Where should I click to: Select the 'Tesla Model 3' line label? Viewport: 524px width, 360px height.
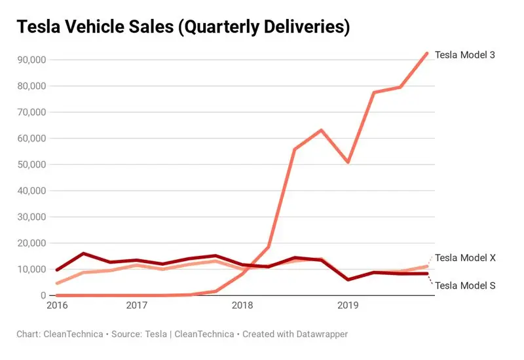pos(465,55)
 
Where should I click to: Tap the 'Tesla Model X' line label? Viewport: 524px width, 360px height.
pos(465,258)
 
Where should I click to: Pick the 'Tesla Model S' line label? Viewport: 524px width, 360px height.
pos(465,285)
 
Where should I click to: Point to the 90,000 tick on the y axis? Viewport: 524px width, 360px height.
pos(31,60)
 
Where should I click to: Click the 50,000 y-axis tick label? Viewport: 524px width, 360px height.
pos(31,164)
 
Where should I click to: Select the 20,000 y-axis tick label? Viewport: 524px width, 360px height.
pos(31,243)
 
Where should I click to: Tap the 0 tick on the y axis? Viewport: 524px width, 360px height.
pos(42,295)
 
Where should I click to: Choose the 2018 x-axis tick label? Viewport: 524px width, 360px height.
pos(242,305)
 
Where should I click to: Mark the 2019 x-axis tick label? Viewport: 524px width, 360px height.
pos(346,305)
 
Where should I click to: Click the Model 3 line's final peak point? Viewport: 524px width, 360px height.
pos(426,54)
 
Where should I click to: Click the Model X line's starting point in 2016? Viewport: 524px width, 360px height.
pos(57,283)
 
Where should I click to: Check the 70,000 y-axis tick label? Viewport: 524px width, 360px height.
pos(31,112)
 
